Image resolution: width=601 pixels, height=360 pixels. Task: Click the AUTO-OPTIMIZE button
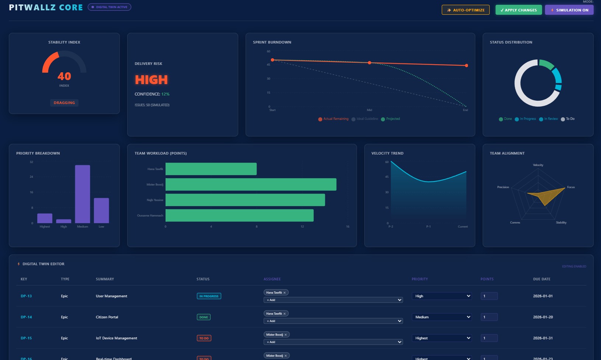[465, 10]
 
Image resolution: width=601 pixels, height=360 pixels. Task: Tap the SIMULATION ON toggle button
[569, 10]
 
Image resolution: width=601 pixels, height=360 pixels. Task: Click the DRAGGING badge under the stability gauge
[64, 103]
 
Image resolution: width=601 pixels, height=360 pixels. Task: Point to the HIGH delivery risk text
[151, 80]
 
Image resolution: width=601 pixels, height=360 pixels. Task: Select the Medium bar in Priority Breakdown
[83, 194]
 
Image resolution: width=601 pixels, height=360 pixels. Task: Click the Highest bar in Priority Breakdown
[45, 218]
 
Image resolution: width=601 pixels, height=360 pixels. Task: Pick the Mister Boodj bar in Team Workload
[251, 184]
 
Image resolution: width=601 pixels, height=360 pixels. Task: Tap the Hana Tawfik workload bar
[211, 169]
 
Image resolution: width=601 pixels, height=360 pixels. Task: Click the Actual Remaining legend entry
[333, 119]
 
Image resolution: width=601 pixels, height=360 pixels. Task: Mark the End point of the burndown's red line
[466, 66]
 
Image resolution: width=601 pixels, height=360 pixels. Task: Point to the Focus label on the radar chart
[571, 187]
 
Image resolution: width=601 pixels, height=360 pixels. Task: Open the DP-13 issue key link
[26, 296]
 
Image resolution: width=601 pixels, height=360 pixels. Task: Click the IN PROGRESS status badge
[209, 296]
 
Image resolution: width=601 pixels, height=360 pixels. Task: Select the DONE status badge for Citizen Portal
[204, 317]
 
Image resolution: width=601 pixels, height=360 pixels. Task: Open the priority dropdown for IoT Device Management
[442, 338]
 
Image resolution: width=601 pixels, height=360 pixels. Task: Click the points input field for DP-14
[489, 317]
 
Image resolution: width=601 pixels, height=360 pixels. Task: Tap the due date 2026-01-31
[543, 338]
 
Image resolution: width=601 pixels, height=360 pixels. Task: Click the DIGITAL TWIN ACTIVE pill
[110, 7]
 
